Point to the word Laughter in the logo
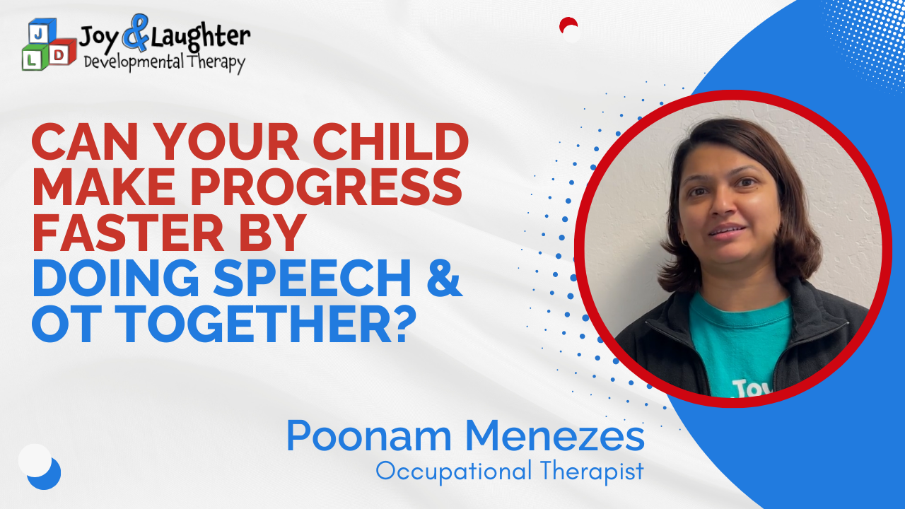coord(200,37)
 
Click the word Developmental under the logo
coord(134,63)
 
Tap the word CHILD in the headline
coord(390,141)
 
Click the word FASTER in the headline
coord(128,233)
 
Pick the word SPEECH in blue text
coord(312,279)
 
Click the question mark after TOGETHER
coord(404,324)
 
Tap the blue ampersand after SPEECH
coord(444,279)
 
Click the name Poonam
coord(368,436)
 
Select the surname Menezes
coord(555,436)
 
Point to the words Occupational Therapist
coord(510,471)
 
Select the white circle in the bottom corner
coord(35,460)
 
